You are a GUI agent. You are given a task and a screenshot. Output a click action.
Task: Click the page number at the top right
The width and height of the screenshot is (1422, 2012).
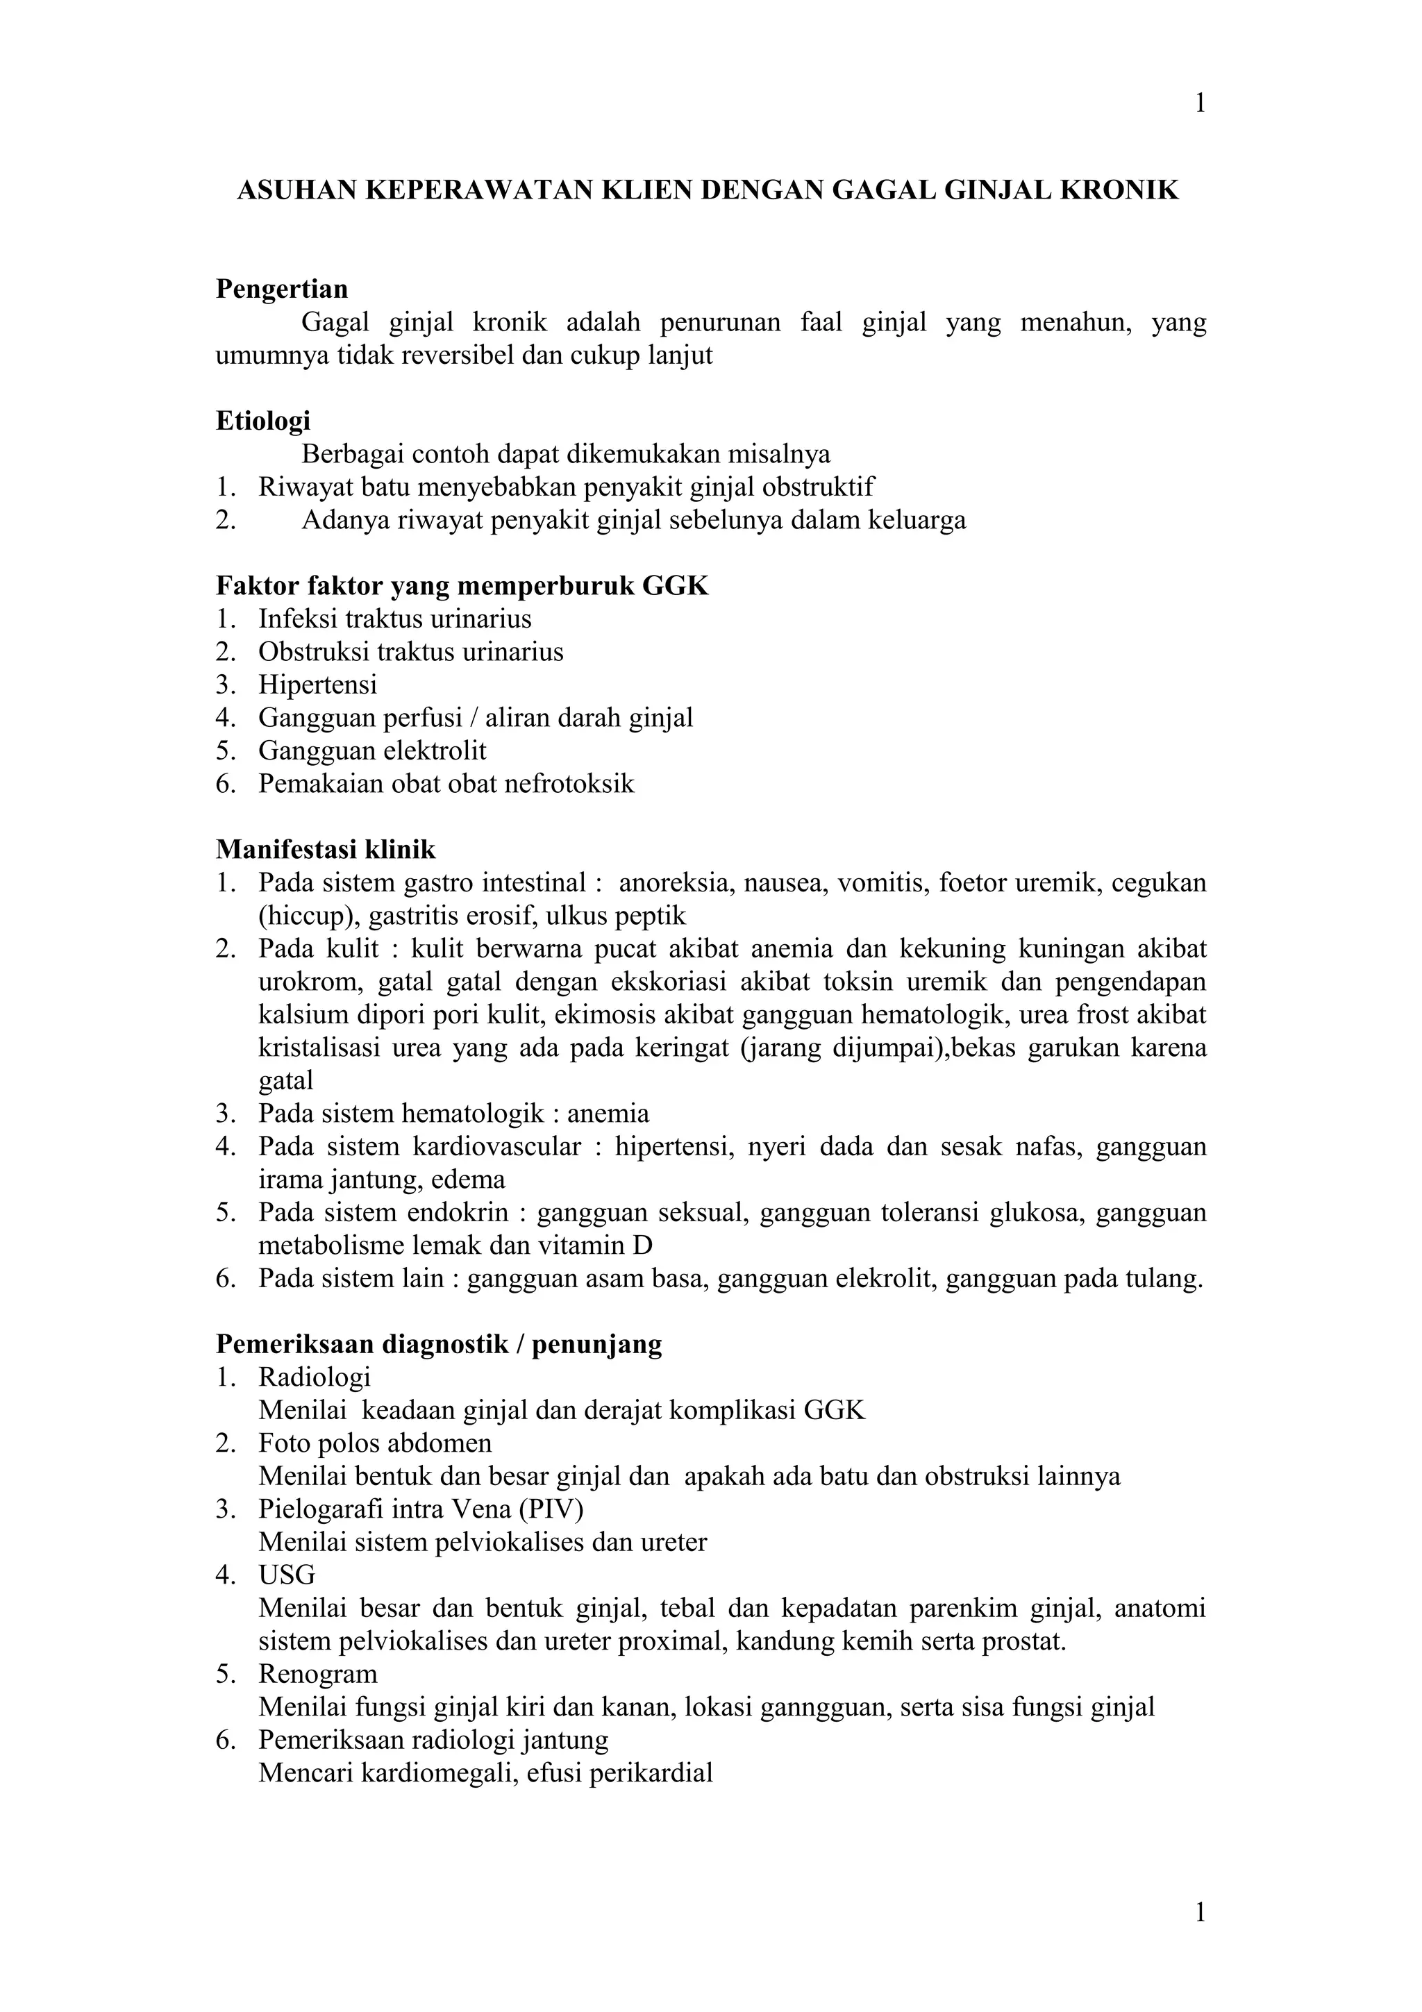tap(1199, 103)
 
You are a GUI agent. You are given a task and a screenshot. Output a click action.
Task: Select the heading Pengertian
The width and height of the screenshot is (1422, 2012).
tap(281, 290)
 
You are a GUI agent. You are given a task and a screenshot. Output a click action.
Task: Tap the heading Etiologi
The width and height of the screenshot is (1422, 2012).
tap(263, 421)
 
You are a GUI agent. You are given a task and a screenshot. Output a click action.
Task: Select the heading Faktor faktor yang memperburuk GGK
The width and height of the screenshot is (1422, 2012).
tap(462, 586)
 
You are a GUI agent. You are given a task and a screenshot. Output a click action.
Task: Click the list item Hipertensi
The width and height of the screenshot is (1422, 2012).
tap(317, 685)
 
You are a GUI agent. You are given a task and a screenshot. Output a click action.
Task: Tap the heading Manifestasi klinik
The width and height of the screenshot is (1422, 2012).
tap(325, 850)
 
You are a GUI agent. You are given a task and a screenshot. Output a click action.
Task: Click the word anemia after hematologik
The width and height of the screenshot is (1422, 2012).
tap(608, 1114)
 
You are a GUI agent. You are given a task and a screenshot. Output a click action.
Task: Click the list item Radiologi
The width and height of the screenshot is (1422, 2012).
tap(315, 1377)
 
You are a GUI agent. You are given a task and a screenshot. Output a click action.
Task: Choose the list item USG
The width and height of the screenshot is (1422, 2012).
tap(287, 1575)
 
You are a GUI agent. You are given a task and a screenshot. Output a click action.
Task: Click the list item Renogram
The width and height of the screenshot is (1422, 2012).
tap(317, 1674)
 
